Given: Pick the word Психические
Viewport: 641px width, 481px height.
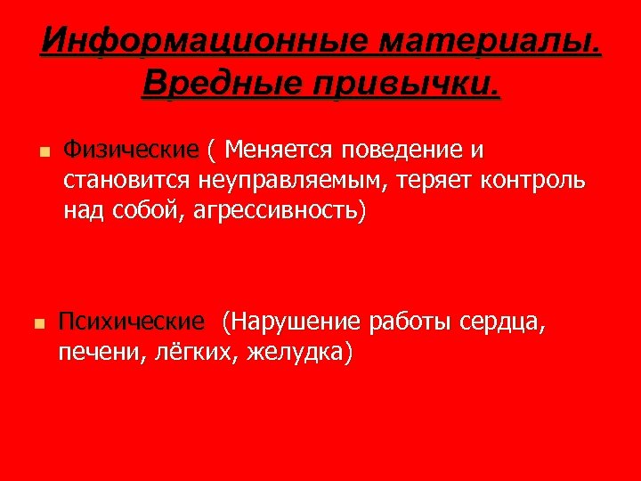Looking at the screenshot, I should [130, 322].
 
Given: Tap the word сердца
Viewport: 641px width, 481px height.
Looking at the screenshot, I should [500, 322].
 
